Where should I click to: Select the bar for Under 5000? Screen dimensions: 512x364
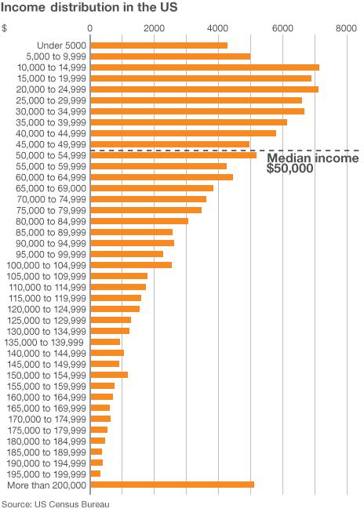pos(158,45)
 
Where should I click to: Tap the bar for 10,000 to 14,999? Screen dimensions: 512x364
pos(205,67)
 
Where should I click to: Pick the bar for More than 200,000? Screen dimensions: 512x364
pos(172,485)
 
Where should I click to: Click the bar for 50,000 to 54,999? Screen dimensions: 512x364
pos(173,155)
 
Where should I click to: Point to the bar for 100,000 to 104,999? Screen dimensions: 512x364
pos(131,265)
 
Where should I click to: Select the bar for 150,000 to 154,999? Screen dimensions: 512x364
pos(109,375)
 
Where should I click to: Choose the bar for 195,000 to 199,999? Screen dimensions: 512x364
pos(96,474)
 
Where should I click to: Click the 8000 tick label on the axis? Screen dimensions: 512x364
pos(346,27)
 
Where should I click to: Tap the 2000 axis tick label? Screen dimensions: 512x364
pos(155,27)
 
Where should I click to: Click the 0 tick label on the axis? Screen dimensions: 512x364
pos(91,27)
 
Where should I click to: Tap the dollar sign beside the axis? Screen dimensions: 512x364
pos(5,27)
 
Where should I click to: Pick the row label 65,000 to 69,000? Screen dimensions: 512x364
pos(47,188)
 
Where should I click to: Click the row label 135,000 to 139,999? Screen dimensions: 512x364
pos(45,342)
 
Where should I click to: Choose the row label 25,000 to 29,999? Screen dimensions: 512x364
pos(47,100)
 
